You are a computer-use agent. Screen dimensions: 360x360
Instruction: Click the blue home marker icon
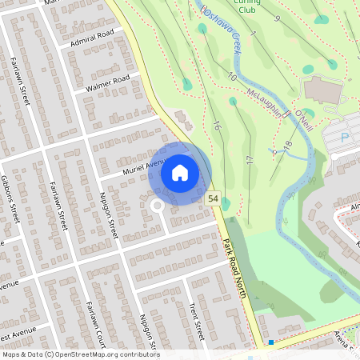tap(180, 173)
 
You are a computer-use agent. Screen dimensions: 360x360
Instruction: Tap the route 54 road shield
tap(213, 198)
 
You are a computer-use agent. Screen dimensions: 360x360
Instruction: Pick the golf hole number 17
tap(250, 160)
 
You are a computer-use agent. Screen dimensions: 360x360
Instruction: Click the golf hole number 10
tap(232, 76)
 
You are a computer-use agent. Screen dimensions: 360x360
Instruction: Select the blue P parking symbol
tap(346, 138)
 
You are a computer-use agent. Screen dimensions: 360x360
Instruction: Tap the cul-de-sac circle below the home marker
tap(157, 206)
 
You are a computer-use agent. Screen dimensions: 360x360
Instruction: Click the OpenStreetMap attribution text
tap(80, 354)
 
